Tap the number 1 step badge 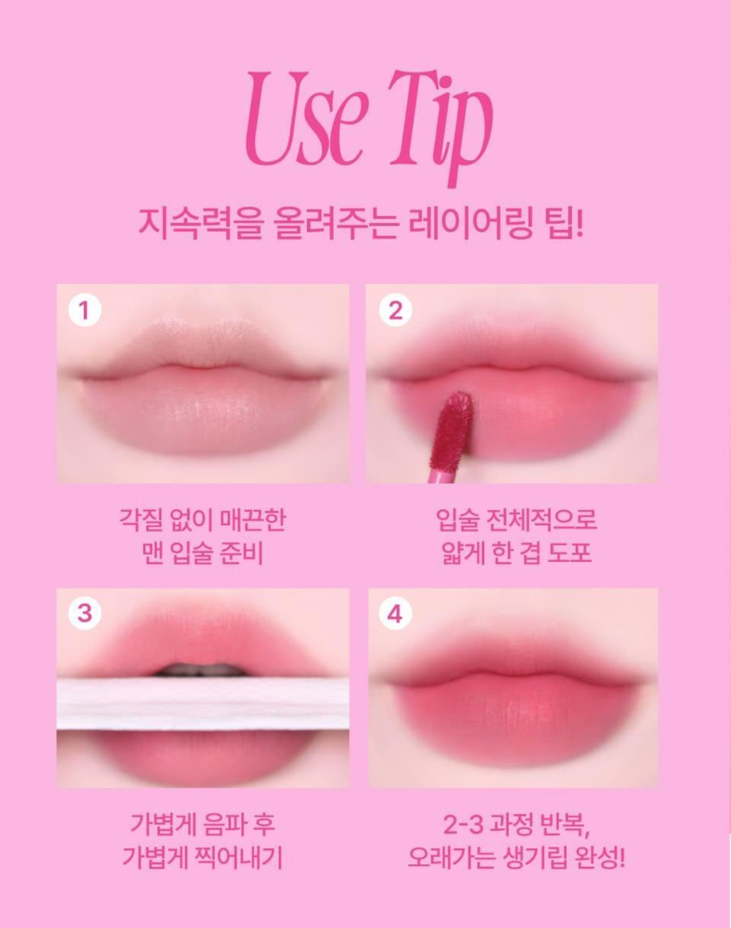(x=84, y=311)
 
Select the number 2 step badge (x=395, y=311)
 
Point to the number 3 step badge (x=84, y=613)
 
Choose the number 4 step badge (x=395, y=614)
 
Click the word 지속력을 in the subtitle (x=200, y=225)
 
